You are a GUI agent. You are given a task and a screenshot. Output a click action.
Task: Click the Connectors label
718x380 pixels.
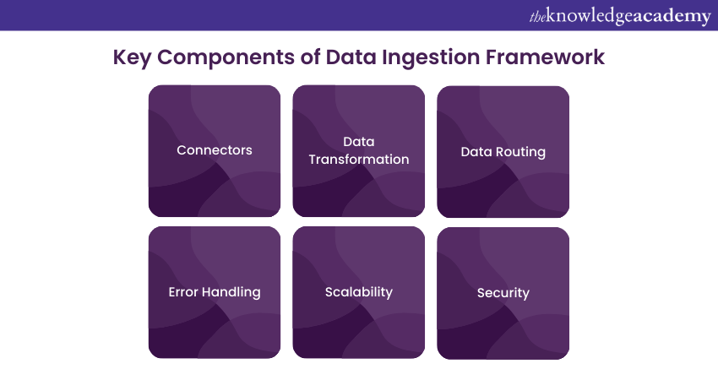[x=215, y=150]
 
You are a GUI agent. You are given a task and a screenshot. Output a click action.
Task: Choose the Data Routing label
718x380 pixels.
[x=503, y=152]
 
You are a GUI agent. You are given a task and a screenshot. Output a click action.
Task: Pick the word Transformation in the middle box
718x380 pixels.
[x=359, y=160]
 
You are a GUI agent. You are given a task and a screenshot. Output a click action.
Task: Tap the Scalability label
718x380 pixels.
[x=359, y=292]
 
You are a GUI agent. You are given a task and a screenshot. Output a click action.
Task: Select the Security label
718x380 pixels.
[x=503, y=293]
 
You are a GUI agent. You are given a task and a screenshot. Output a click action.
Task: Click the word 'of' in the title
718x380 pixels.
[x=300, y=58]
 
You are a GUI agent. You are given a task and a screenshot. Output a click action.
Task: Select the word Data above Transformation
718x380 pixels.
[x=359, y=142]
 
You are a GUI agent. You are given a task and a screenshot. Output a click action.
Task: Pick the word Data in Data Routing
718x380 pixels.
[x=476, y=152]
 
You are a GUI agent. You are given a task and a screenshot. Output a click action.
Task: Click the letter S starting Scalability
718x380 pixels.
[x=329, y=292]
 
